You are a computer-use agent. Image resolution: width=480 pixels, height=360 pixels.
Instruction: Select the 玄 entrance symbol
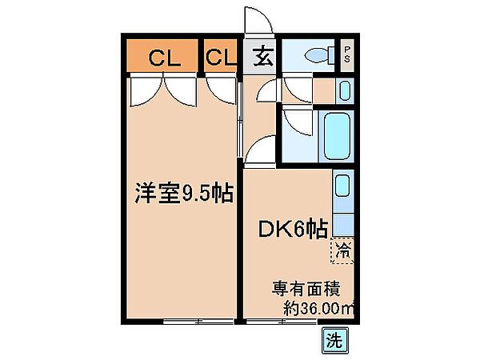tap(262, 58)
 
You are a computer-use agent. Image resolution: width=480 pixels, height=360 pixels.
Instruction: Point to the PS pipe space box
tap(347, 57)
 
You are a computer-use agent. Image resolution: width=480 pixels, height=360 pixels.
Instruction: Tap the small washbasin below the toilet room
tap(346, 90)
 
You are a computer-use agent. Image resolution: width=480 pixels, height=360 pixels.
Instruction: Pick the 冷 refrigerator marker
tap(342, 250)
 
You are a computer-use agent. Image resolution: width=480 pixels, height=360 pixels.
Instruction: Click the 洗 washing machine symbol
tap(335, 339)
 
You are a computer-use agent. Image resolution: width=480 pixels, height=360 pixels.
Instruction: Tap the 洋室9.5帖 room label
tap(182, 193)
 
